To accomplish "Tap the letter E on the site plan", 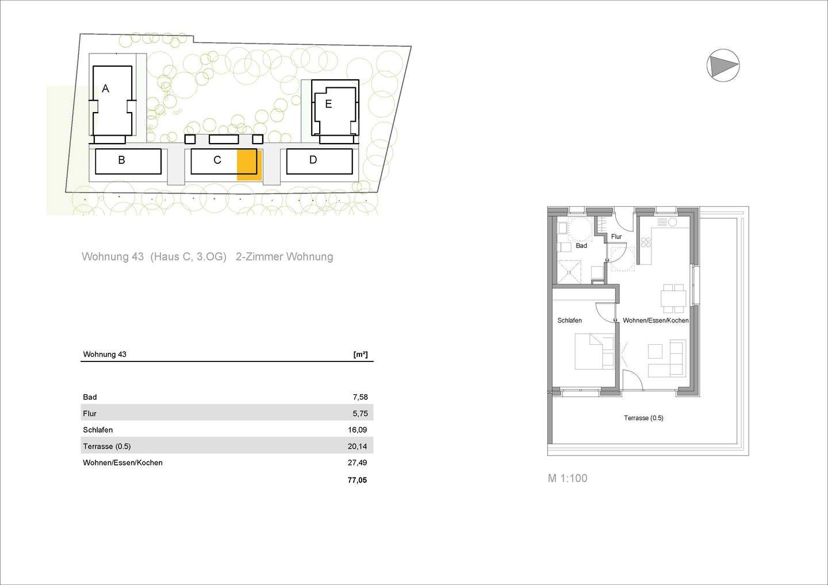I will point(328,104).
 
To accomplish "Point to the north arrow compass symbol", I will point(723,65).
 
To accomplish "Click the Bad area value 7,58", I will point(360,397).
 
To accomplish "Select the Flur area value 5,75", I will point(360,413).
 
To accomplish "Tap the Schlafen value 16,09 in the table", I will point(358,430).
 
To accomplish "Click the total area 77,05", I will point(357,480).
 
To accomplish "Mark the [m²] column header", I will point(361,355).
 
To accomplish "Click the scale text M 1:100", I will point(568,478).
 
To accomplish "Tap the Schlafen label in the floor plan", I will point(569,321).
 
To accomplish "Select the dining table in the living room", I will point(673,297).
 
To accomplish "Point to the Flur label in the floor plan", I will point(616,237).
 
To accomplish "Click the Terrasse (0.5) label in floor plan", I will point(643,418).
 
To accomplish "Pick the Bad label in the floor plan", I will point(581,246).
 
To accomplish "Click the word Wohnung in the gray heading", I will point(113,257).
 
